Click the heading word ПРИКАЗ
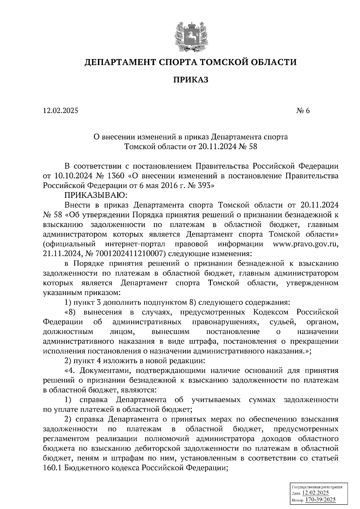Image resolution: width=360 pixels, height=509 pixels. pyautogui.click(x=190, y=80)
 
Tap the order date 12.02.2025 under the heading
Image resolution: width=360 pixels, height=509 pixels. pyautogui.click(x=60, y=111)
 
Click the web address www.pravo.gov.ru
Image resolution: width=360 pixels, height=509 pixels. pyautogui.click(x=306, y=244)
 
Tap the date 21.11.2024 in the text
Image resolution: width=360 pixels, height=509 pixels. pyautogui.click(x=61, y=254)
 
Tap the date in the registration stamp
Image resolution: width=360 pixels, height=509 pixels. pyautogui.click(x=316, y=493)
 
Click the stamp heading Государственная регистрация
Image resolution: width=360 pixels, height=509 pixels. pyautogui.click(x=317, y=487)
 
